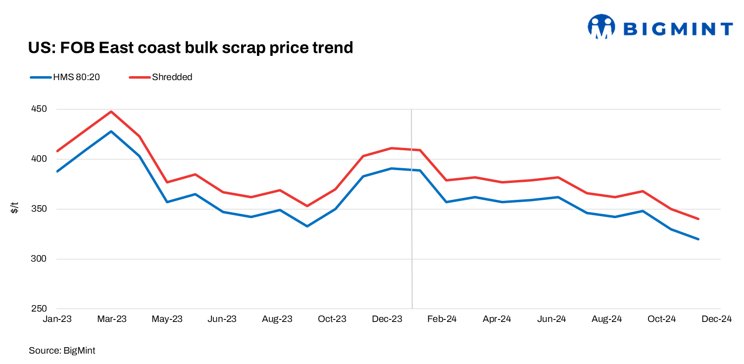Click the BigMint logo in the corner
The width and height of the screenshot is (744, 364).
pos(660,27)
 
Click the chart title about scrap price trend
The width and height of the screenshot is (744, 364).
pos(190,47)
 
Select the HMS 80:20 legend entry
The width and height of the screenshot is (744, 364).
pos(65,77)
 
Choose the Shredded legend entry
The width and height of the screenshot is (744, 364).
pos(161,77)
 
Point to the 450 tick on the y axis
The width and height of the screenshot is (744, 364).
pos(39,109)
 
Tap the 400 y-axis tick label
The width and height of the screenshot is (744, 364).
pos(39,159)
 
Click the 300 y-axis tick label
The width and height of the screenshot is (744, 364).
pos(39,259)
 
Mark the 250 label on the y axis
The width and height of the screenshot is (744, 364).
pos(39,309)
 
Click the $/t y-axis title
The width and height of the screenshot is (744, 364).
pos(14,208)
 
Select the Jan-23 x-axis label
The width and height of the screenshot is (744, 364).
pos(57,319)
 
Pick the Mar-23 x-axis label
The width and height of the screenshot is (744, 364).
pos(112,319)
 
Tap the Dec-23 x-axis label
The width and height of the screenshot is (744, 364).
pos(387,319)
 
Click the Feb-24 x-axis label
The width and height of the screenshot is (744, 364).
pos(442,319)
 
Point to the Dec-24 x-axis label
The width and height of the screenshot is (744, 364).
pos(716,319)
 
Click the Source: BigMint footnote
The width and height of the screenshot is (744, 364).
pos(62,350)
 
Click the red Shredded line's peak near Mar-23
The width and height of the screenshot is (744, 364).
pos(111,111)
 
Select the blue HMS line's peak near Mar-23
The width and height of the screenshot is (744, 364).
pos(111,132)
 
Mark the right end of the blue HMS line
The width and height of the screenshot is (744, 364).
pos(698,239)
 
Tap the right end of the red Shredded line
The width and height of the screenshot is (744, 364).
pos(698,219)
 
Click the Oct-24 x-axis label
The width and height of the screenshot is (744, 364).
pos(662,319)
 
